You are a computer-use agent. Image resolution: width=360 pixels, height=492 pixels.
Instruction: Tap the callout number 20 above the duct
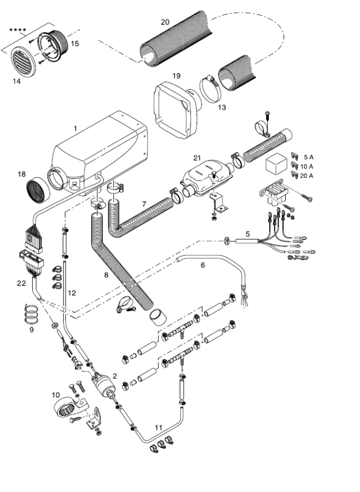[166, 22]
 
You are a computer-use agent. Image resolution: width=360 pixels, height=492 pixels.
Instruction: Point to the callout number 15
[75, 43]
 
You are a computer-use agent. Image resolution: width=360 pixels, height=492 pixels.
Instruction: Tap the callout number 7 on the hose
[144, 204]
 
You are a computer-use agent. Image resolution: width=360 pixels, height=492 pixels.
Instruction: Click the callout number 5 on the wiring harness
[247, 233]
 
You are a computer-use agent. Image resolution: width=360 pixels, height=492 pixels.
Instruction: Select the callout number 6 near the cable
[203, 265]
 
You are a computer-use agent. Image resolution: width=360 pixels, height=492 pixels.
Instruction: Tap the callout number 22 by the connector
[21, 283]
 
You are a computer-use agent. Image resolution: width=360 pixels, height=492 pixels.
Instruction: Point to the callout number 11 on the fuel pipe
[158, 426]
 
